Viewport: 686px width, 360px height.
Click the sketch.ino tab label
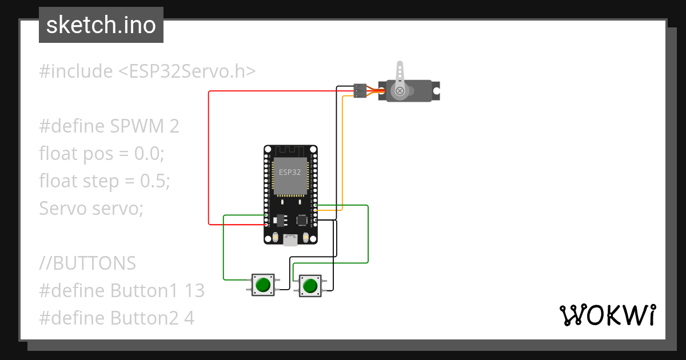[x=101, y=25]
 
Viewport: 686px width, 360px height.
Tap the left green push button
[x=263, y=285]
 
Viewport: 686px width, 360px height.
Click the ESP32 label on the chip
[x=290, y=172]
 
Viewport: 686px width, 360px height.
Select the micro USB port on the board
[x=290, y=241]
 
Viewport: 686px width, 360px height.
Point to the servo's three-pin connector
[x=360, y=90]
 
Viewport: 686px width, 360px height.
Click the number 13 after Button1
[x=194, y=290]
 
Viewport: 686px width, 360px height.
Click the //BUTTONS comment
[x=87, y=263]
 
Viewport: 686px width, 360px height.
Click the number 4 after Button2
[x=189, y=318]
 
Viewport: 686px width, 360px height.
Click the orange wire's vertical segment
[x=342, y=154]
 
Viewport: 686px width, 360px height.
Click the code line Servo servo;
[x=91, y=209]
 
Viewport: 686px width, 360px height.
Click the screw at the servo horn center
[x=400, y=91]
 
